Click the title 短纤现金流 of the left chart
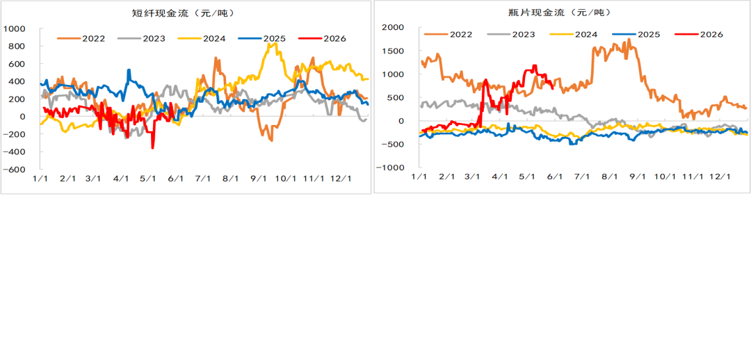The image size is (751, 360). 158,13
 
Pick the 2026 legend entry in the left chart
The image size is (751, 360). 322,39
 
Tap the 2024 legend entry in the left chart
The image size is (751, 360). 201,39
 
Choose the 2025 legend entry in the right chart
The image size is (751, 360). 636,34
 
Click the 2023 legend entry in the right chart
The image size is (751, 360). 511,34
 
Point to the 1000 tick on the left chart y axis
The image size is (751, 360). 15,28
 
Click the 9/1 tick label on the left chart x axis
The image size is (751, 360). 259,179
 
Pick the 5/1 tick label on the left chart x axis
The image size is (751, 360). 148,179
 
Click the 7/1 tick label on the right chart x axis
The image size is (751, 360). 581,177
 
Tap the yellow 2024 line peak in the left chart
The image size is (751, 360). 272,44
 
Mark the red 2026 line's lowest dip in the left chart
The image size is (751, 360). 153,148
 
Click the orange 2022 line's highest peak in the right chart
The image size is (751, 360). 629,39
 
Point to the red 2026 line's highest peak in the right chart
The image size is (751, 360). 535,65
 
